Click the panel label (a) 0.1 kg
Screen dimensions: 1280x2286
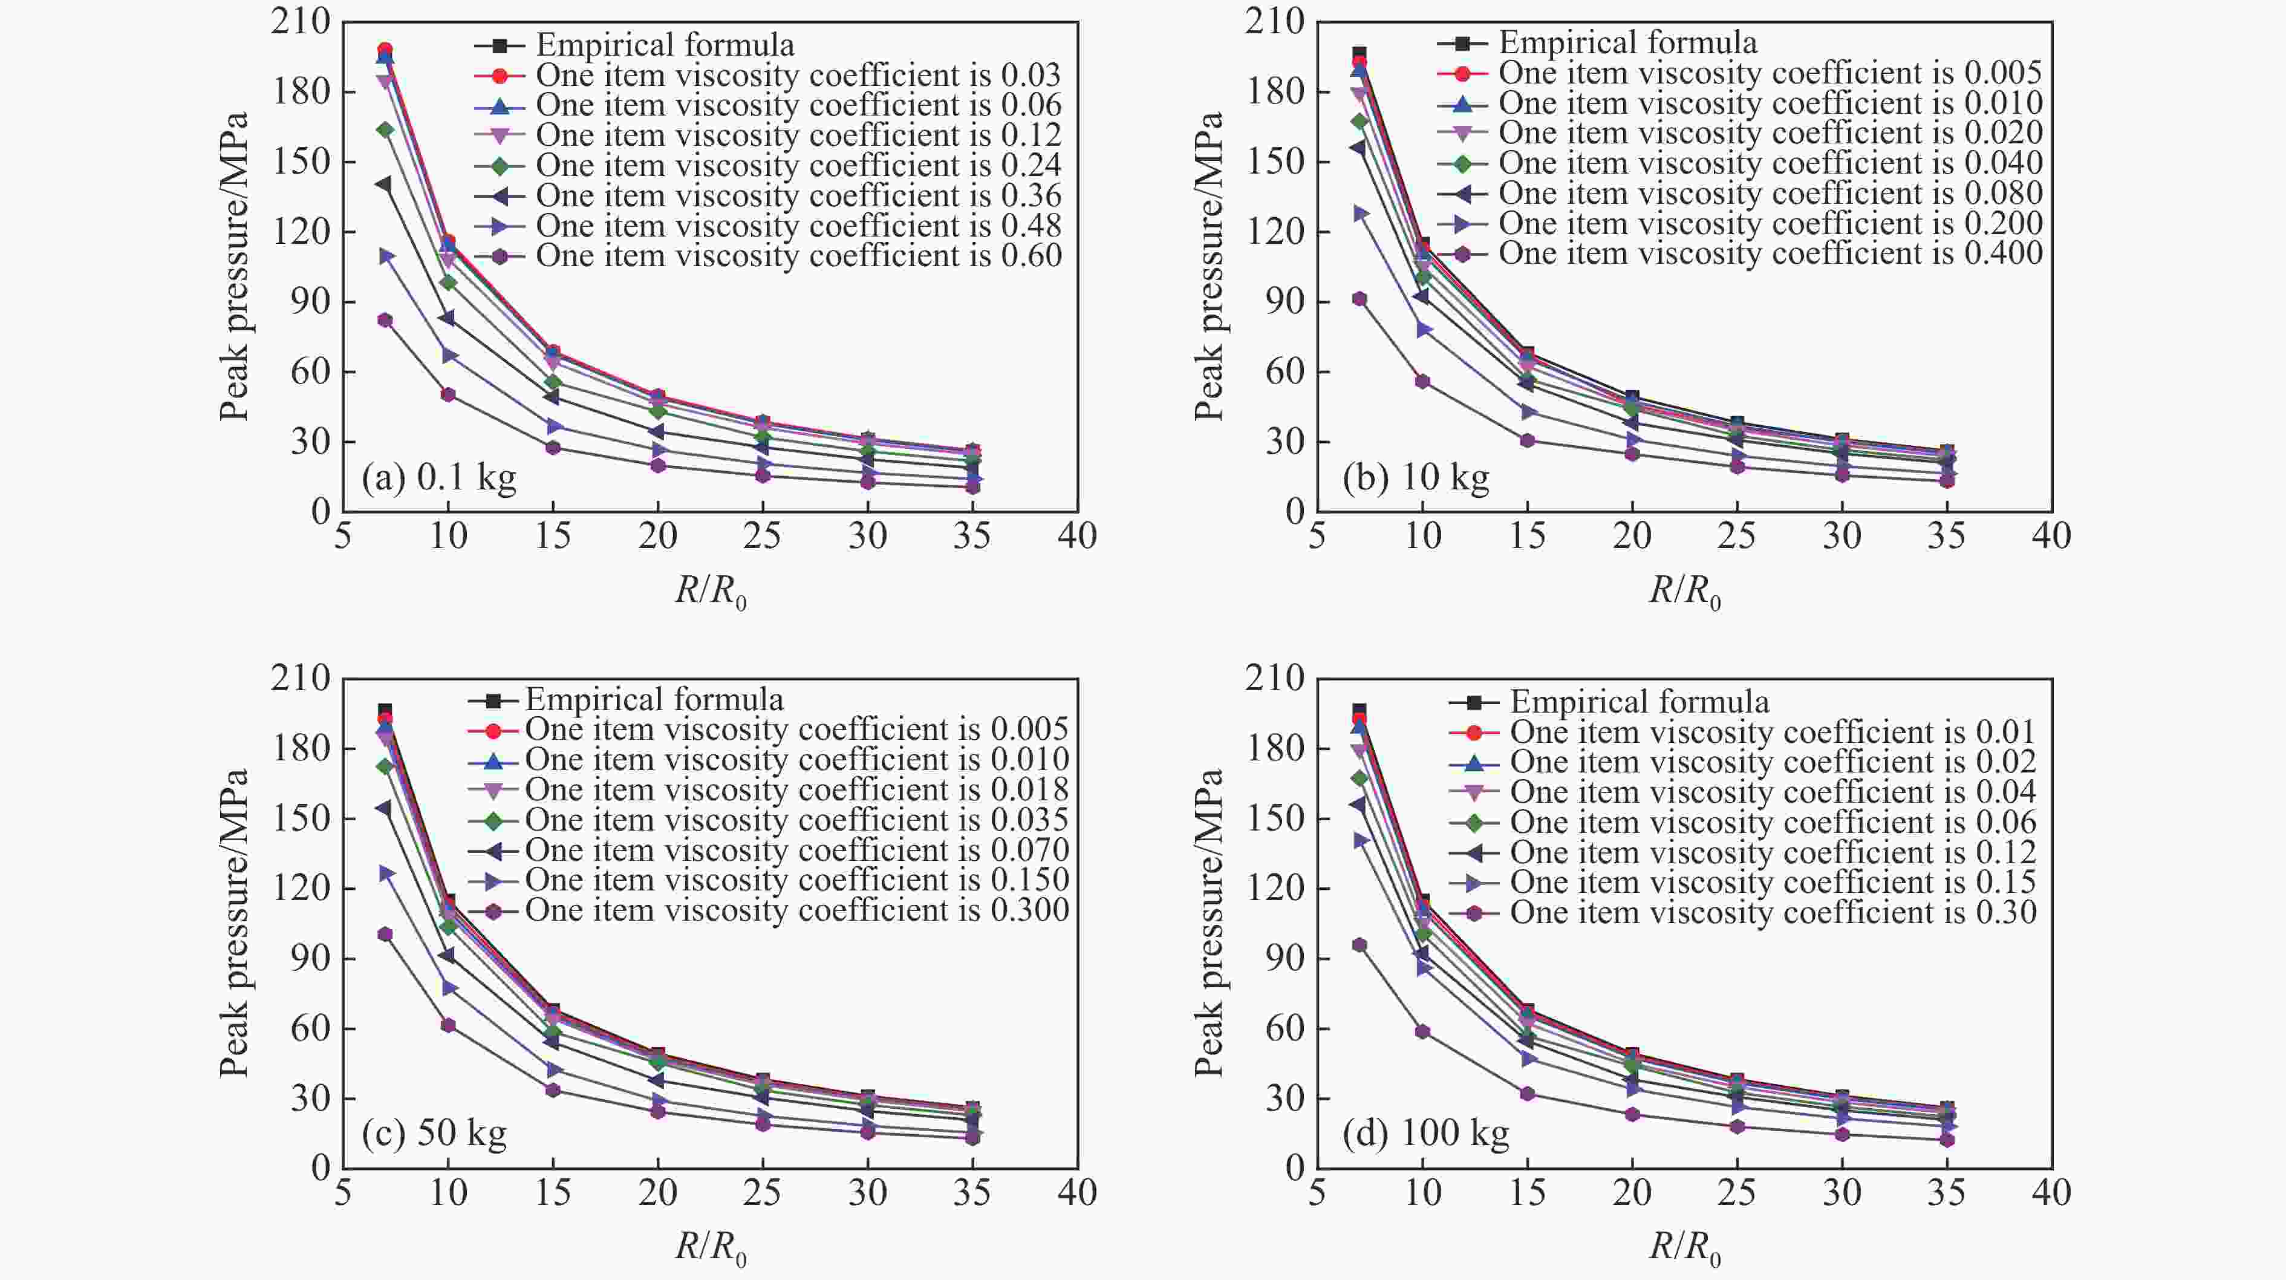pyautogui.click(x=438, y=479)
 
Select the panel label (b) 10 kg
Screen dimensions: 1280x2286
pyautogui.click(x=1415, y=478)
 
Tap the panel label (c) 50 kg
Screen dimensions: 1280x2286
pyautogui.click(x=434, y=1134)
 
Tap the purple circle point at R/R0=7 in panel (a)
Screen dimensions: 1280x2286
pyautogui.click(x=385, y=321)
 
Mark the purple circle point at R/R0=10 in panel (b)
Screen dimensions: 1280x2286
pyautogui.click(x=1422, y=382)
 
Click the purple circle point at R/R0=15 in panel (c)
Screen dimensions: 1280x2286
pyautogui.click(x=553, y=1090)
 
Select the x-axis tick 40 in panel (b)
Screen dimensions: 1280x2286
pyautogui.click(x=2051, y=536)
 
